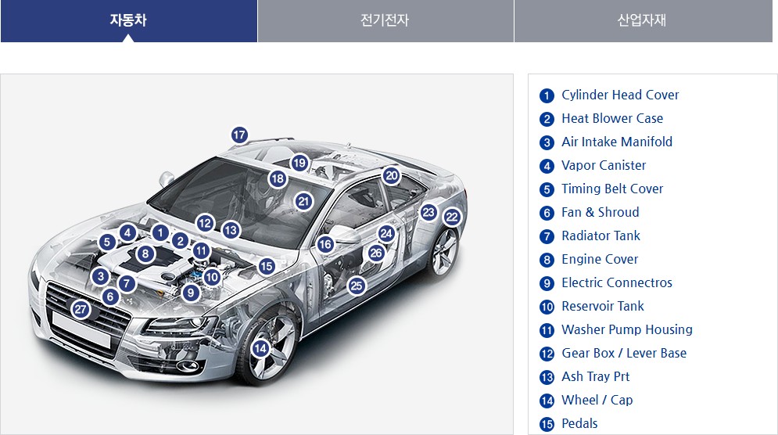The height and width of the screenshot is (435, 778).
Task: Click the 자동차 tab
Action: click(x=128, y=20)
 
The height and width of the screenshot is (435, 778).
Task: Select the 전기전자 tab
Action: click(x=385, y=20)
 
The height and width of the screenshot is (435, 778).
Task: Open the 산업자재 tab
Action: click(x=642, y=20)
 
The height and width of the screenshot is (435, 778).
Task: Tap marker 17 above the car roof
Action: click(x=239, y=135)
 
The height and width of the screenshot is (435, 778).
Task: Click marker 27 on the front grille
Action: click(x=81, y=310)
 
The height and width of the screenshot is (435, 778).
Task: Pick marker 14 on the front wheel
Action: click(x=261, y=348)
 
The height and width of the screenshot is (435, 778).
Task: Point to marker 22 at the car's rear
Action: click(x=452, y=217)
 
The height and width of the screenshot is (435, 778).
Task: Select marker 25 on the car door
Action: click(x=357, y=286)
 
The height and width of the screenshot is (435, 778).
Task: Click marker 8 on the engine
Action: click(x=145, y=253)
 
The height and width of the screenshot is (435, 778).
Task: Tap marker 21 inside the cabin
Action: click(x=304, y=201)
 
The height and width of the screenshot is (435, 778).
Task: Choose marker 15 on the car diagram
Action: click(x=267, y=266)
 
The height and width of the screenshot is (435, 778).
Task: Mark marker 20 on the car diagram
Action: click(x=392, y=176)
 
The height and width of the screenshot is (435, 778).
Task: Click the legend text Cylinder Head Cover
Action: click(x=620, y=95)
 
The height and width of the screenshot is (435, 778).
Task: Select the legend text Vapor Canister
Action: click(x=604, y=165)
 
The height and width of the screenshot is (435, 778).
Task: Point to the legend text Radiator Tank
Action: click(x=601, y=235)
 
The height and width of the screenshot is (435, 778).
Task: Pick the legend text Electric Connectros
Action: click(x=616, y=282)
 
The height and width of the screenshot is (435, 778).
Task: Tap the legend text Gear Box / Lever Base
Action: click(x=623, y=353)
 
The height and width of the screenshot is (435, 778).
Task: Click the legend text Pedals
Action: click(x=579, y=423)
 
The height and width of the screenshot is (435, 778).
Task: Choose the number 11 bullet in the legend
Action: click(x=547, y=330)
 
